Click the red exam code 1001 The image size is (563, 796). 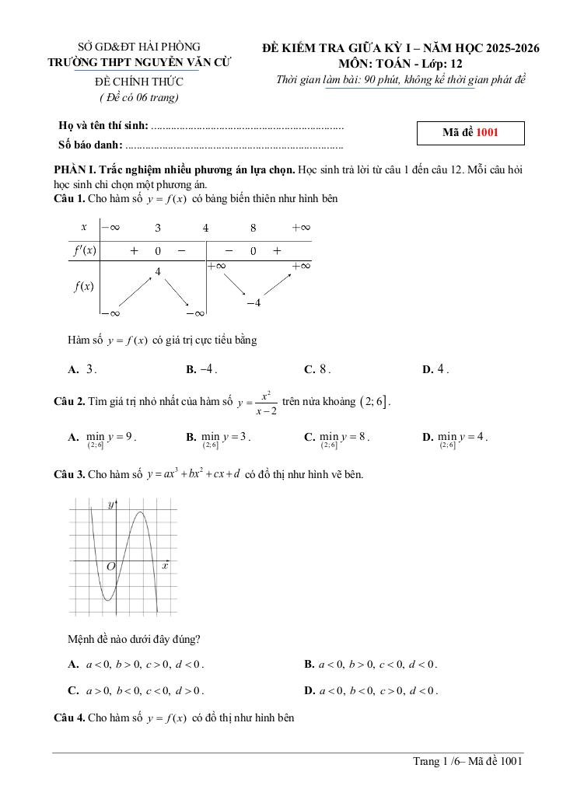(x=487, y=133)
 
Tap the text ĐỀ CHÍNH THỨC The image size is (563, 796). (x=139, y=82)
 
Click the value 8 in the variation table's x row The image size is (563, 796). (x=253, y=228)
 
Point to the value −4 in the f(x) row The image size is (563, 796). (x=253, y=302)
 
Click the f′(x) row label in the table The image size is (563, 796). (x=84, y=250)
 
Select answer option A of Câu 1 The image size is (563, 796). (x=82, y=370)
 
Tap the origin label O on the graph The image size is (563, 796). (x=110, y=567)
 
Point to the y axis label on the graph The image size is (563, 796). (x=111, y=505)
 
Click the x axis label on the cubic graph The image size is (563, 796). (x=165, y=567)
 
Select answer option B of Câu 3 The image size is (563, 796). (x=372, y=665)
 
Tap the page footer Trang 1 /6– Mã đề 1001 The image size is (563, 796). (x=467, y=762)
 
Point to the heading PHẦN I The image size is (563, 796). (x=74, y=169)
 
